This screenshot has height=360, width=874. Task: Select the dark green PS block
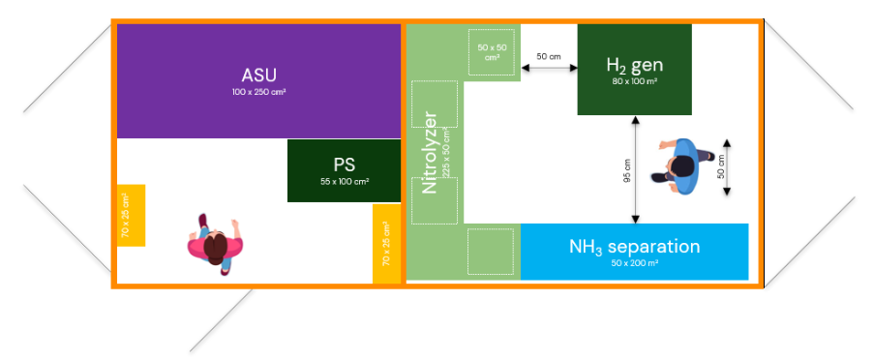pos(344,170)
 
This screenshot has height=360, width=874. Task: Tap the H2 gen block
pos(634,70)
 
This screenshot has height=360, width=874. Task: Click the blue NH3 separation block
pos(634,252)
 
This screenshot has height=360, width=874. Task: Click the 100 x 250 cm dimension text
pos(258,92)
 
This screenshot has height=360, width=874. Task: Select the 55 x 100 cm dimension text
pos(344,181)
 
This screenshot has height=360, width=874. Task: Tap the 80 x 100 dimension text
pos(634,82)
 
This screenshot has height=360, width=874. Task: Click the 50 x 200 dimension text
pos(634,262)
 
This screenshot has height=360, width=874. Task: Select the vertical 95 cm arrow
pos(634,169)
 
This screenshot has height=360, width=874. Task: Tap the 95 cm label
pos(625,170)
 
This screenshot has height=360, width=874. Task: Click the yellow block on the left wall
pos(131,215)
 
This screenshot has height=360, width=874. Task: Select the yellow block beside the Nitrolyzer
pos(386,244)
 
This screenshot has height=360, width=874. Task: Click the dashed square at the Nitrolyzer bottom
pos(490,252)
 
